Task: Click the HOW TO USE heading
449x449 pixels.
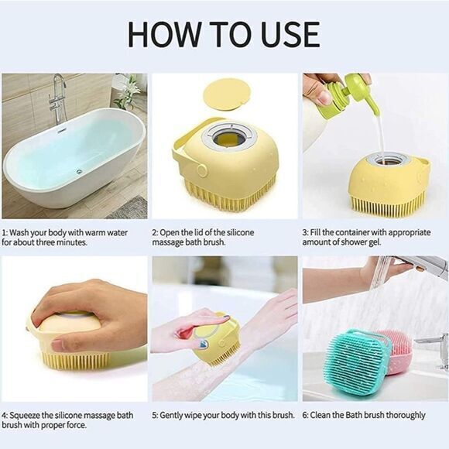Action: pos(224,35)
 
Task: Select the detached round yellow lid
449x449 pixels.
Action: pos(224,94)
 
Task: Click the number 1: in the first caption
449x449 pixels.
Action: pos(6,232)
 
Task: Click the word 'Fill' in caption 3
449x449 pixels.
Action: pos(320,232)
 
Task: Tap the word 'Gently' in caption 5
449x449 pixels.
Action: pos(177,415)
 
